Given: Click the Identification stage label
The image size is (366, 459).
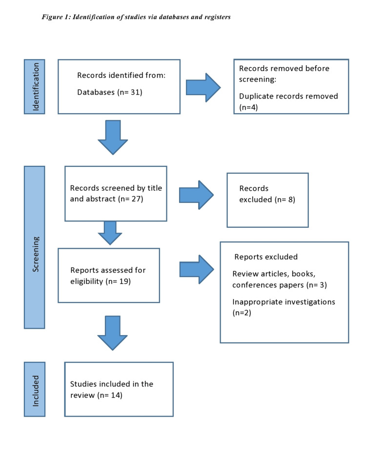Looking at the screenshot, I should tap(34, 86).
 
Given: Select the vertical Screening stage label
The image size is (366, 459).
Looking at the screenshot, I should tap(34, 247).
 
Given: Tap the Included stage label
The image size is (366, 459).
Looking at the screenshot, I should tap(34, 389).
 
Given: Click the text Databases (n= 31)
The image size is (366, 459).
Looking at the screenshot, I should tap(109, 92).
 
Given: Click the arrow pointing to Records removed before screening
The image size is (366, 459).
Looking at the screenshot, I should tap(203, 88).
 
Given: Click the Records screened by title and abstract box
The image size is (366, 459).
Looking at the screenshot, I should tap(116, 193).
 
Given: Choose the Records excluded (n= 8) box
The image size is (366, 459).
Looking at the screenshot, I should tap(267, 200).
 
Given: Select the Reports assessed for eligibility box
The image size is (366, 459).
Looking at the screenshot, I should tap(108, 275).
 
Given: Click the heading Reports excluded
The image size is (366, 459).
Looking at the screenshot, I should tap(266, 257).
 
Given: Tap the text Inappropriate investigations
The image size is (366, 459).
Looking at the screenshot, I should tap(284, 302).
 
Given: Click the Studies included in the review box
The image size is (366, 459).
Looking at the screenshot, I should tap(119, 389).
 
